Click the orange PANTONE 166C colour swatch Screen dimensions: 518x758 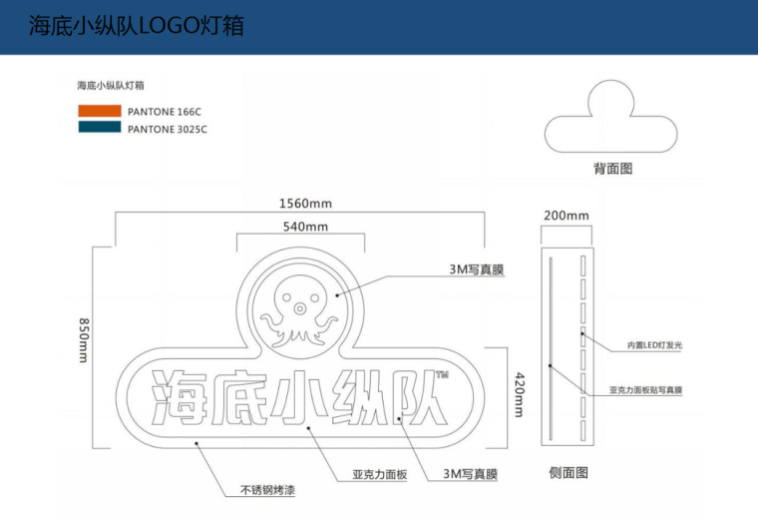(x=99, y=112)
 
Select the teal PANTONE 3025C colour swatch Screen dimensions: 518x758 (x=99, y=128)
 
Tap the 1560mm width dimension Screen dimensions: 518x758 (x=304, y=204)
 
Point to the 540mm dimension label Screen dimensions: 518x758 (x=305, y=227)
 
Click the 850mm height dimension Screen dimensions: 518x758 (x=84, y=340)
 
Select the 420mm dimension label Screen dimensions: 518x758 (x=518, y=393)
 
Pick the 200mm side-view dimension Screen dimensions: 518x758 (x=566, y=216)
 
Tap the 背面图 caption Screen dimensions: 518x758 (x=612, y=169)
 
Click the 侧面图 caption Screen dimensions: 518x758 (x=568, y=472)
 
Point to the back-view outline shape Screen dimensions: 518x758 (x=613, y=119)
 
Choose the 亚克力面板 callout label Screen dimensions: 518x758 (x=380, y=474)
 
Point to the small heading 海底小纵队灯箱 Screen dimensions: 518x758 (x=111, y=86)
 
